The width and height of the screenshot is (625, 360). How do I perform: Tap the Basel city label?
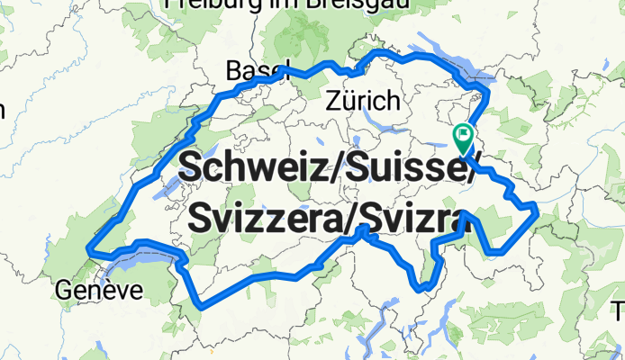pos(255,70)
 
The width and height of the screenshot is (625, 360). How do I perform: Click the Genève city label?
pos(99,290)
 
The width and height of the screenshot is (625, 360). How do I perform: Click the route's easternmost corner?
pos(537,210)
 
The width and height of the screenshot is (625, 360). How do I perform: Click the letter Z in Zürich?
pos(335,99)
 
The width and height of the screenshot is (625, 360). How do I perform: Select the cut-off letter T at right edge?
pos(620,312)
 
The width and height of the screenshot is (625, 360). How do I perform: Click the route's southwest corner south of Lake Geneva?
pos(200,304)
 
